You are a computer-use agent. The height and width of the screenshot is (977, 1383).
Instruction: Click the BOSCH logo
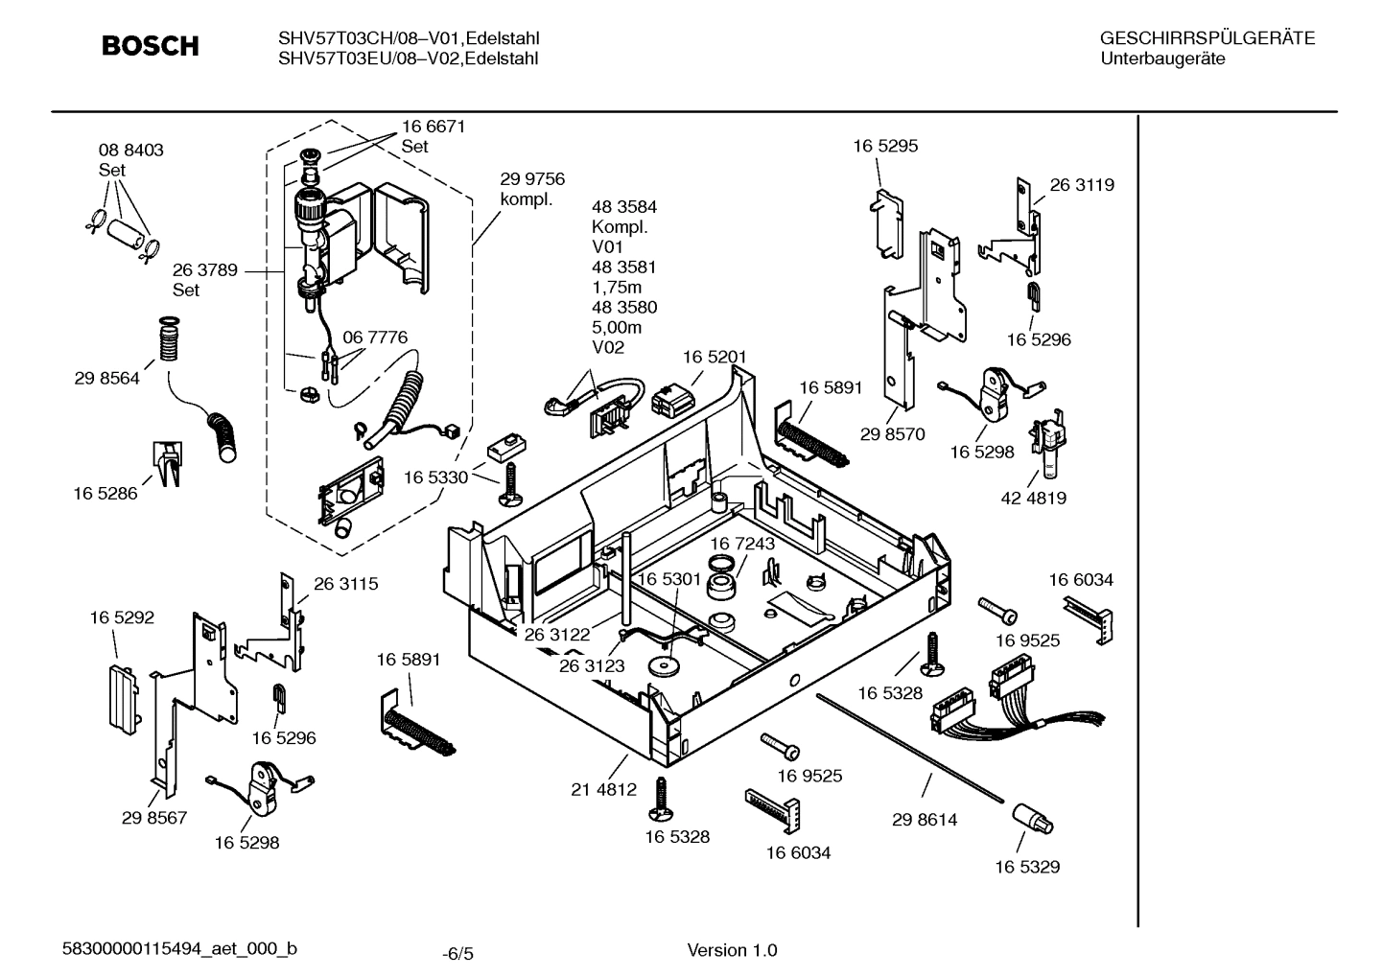pyautogui.click(x=151, y=46)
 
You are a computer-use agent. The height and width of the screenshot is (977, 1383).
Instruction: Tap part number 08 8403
pyautogui.click(x=130, y=151)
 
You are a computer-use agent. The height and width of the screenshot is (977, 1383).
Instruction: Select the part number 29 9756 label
pyautogui.click(x=532, y=179)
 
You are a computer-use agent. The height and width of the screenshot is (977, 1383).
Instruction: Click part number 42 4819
pyautogui.click(x=1033, y=498)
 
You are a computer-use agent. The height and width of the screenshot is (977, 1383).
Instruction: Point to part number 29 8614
pyautogui.click(x=924, y=820)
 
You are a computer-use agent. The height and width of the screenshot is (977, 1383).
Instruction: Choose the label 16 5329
pyautogui.click(x=1026, y=867)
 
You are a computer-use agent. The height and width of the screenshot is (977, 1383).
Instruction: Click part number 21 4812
pyautogui.click(x=603, y=789)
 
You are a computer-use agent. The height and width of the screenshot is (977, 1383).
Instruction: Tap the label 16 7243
pyautogui.click(x=742, y=544)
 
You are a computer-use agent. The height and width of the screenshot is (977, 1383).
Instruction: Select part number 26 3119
pyautogui.click(x=1082, y=185)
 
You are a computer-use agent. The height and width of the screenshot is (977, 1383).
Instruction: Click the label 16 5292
pyautogui.click(x=122, y=618)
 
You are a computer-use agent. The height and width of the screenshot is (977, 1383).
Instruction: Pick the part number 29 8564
pyautogui.click(x=106, y=378)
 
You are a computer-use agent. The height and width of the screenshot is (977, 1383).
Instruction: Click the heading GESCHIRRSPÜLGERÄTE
pyautogui.click(x=1207, y=38)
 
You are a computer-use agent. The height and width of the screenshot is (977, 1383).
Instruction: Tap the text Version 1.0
pyautogui.click(x=732, y=950)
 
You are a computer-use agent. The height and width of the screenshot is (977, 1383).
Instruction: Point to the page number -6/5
pyautogui.click(x=457, y=953)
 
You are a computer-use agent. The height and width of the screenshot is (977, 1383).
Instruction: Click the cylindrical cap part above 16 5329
pyautogui.click(x=1031, y=820)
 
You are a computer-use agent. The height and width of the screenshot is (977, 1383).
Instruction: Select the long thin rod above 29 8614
pyautogui.click(x=911, y=746)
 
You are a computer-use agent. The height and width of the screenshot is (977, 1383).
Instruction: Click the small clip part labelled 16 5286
pyautogui.click(x=167, y=463)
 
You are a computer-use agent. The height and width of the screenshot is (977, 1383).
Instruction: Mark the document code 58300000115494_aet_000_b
pyautogui.click(x=179, y=949)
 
